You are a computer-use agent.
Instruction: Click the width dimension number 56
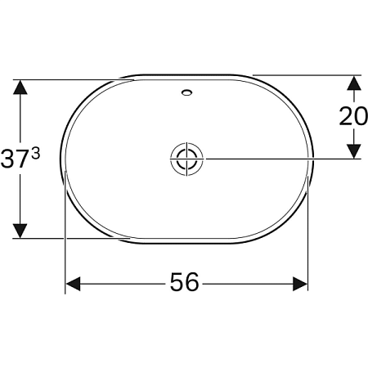pyautogui.click(x=184, y=282)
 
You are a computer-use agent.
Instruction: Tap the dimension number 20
pyautogui.click(x=353, y=116)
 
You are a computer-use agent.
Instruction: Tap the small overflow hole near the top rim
pyautogui.click(x=186, y=93)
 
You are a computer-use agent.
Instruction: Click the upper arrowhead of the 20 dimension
pyautogui.click(x=353, y=83)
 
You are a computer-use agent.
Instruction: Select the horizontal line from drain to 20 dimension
pyautogui.click(x=278, y=158)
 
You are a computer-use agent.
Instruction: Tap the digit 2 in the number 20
pyautogui.click(x=347, y=116)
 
